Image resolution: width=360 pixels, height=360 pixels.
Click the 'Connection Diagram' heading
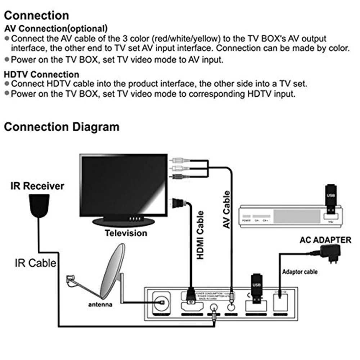61,127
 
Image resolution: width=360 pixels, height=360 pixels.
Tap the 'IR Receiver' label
37,186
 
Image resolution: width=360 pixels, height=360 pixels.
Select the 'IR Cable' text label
36,263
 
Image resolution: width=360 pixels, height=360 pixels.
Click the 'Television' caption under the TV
126,233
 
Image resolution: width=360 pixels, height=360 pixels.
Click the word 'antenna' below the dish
100,305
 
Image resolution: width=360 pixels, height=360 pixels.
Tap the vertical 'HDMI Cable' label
200,235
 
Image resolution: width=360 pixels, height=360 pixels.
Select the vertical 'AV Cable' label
226,210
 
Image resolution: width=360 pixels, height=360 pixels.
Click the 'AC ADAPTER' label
325,240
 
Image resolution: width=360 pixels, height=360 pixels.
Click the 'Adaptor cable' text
300,272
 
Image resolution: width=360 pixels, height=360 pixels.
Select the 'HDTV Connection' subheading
41,75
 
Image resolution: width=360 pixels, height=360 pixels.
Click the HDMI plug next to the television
179,202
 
